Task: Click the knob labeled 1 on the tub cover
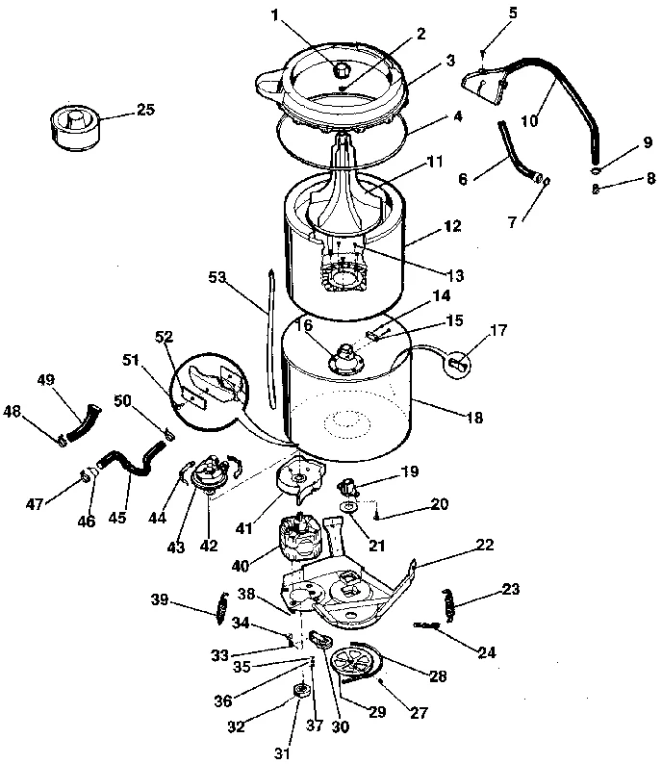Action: click(343, 69)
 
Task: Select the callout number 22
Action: click(485, 545)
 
